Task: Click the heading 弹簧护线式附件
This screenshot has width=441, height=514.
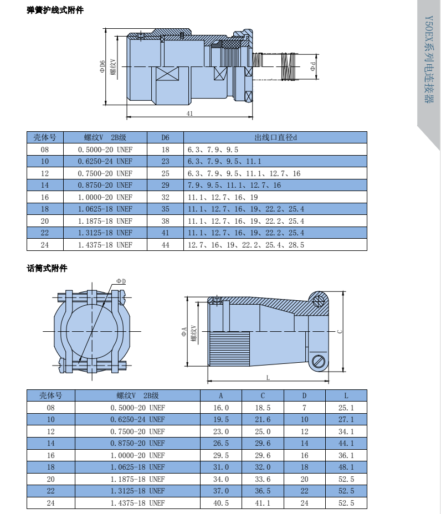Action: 55,10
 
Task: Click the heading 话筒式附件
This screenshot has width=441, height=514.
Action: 47,268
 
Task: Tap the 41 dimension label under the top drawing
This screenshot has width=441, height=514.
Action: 189,114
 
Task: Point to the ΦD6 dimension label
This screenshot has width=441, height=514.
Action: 102,66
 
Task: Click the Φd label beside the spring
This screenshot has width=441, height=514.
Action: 312,66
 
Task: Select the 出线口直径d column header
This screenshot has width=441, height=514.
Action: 275,137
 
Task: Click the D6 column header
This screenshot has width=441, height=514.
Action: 165,137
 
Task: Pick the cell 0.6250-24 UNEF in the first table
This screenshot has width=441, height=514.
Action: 105,161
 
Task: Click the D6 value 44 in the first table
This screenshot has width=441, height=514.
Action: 165,245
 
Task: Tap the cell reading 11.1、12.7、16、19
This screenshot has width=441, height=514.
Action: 223,197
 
